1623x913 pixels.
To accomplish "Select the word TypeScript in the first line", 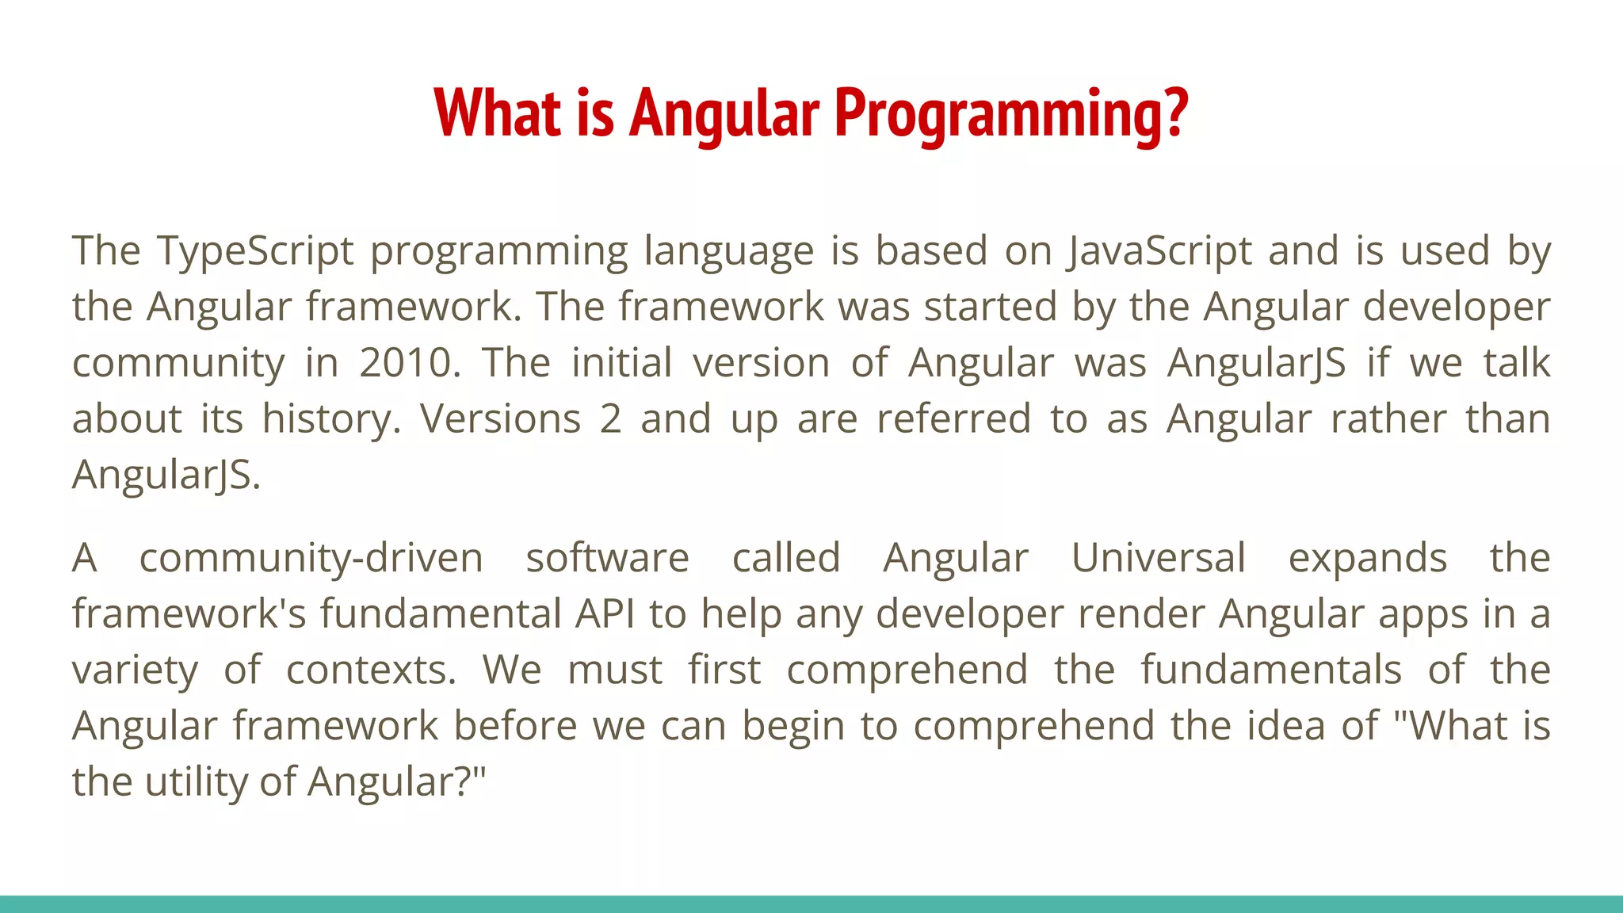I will [255, 251].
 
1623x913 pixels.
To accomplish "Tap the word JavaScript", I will [1159, 251].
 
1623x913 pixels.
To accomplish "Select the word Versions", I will [501, 419].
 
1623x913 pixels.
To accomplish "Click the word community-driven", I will [311, 558].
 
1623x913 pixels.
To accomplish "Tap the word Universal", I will [1159, 558].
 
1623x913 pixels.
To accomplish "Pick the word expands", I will [1368, 558].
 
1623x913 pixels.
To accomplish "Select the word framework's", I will [189, 614].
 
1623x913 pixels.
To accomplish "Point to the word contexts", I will [371, 670].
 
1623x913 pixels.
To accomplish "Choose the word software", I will [608, 558].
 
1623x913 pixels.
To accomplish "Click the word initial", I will [622, 363].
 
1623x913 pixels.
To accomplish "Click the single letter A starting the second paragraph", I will [85, 558].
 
